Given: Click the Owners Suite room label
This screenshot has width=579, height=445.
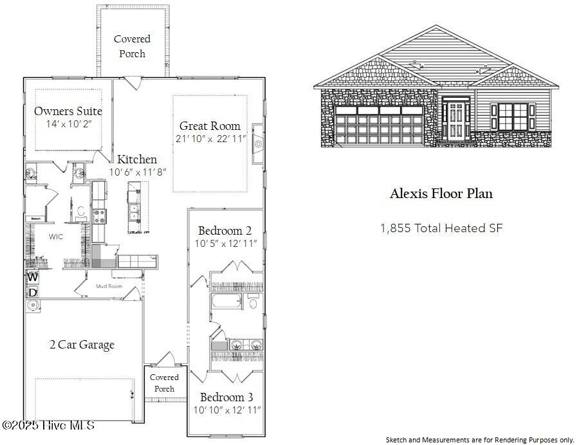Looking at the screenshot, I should click(68, 111).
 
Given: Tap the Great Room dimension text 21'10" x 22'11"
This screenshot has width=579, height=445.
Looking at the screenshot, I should click(211, 139).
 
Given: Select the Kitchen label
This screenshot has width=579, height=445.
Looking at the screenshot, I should click(136, 159).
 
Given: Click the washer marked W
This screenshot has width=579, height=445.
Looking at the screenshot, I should click(32, 278).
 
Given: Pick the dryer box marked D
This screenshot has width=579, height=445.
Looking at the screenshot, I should click(32, 293).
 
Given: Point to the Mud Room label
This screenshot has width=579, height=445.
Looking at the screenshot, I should click(109, 286).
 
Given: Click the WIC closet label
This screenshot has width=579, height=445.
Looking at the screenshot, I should click(56, 237).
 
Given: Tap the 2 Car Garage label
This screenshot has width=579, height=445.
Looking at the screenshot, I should click(82, 345).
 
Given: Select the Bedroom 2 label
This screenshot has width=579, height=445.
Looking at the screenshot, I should click(225, 231).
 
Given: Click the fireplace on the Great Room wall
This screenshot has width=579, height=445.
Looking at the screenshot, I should click(258, 143).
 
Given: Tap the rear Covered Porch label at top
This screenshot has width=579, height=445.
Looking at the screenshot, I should click(132, 46).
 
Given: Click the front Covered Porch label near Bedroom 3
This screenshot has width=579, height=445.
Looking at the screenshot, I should click(165, 383).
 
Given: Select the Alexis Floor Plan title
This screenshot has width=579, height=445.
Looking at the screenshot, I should click(441, 194).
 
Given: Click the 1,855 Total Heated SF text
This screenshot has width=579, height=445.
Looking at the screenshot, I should click(441, 228).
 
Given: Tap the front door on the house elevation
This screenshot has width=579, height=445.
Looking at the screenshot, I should click(457, 120).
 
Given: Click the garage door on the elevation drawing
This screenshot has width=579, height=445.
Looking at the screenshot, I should click(379, 125).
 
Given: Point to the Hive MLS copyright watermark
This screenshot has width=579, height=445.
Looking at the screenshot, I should click(48, 425).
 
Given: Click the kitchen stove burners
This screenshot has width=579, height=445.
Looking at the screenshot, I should click(99, 215).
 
